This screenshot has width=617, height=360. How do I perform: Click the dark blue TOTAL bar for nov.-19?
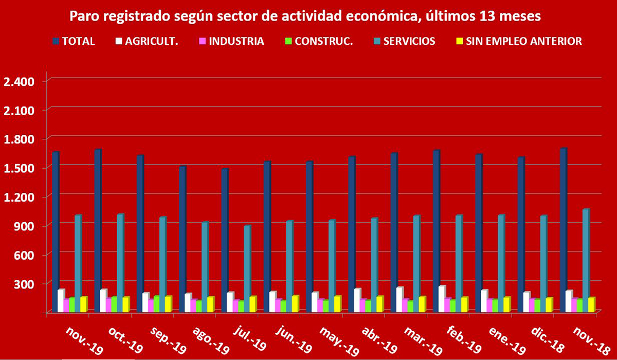56,231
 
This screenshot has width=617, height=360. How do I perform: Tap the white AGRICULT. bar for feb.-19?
442,299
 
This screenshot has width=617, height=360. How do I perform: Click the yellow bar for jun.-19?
295,303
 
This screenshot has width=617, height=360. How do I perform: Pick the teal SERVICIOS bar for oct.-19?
120,262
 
